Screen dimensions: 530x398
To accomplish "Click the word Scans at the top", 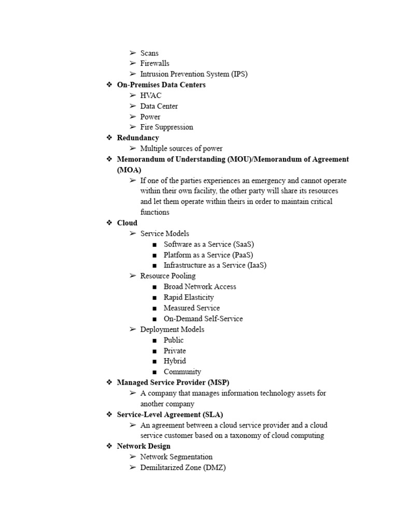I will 149,53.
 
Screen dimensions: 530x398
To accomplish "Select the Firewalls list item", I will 154,63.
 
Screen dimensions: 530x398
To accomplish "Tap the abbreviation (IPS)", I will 239,74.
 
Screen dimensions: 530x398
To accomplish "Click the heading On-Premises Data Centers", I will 161,85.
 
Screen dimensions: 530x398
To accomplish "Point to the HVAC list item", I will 151,95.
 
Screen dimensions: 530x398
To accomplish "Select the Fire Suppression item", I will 166,127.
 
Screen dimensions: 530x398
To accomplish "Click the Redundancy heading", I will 138,138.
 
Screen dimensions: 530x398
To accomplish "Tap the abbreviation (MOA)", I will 129,169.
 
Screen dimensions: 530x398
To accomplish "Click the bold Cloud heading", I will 127,223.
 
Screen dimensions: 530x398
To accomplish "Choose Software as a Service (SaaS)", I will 209,244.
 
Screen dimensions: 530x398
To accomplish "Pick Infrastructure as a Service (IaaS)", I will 215,265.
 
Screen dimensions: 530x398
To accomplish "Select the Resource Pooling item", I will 168,276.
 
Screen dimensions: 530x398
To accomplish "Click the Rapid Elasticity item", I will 189,297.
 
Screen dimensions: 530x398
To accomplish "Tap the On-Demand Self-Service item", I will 203,318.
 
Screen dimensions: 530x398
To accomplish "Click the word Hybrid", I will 175,361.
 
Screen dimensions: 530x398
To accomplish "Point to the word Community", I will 182,372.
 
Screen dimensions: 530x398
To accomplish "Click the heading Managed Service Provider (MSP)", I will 173,382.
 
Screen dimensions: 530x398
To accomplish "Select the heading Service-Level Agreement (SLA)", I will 170,415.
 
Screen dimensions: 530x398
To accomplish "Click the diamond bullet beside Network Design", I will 109,446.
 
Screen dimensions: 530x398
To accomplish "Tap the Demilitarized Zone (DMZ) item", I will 183,467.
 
